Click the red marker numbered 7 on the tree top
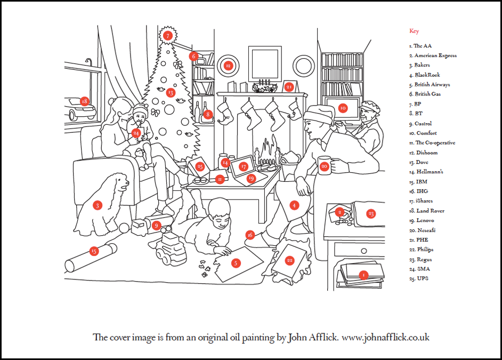point(168,36)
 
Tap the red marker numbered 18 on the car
point(84,101)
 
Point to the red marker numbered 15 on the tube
point(94,251)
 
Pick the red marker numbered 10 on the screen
point(343,108)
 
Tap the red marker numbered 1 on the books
point(363,275)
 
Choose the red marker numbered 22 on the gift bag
point(290,260)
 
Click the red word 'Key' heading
point(414,31)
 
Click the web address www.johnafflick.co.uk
point(385,337)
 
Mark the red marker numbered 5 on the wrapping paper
point(236,262)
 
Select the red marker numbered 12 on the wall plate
point(228,66)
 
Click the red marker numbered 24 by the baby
point(136,132)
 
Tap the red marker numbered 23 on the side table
point(371,213)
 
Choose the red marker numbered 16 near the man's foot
point(250,235)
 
